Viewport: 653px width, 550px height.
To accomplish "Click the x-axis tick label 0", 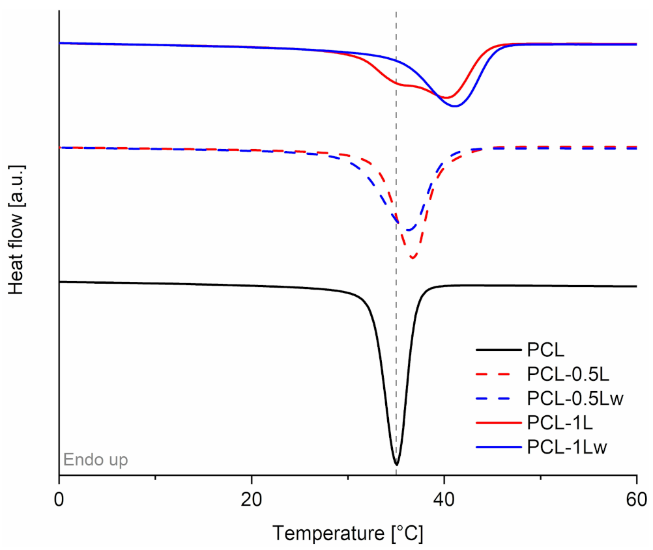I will point(59,501).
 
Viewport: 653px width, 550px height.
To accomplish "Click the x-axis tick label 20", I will point(252,501).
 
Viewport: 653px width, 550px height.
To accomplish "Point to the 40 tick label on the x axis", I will point(444,501).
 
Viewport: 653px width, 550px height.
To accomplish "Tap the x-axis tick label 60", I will point(636,501).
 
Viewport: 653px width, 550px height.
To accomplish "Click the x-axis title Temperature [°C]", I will point(348,533).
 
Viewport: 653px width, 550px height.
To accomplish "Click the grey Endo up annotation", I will point(95,460).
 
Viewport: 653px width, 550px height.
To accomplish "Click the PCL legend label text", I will point(544,350).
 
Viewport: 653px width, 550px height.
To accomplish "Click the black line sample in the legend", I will point(499,350).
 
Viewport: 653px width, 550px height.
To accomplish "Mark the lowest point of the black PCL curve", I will point(396,465).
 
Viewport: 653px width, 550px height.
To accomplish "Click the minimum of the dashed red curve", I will point(413,258).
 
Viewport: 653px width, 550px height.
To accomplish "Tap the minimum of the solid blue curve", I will point(455,106).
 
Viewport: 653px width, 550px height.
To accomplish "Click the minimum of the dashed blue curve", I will point(408,230).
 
